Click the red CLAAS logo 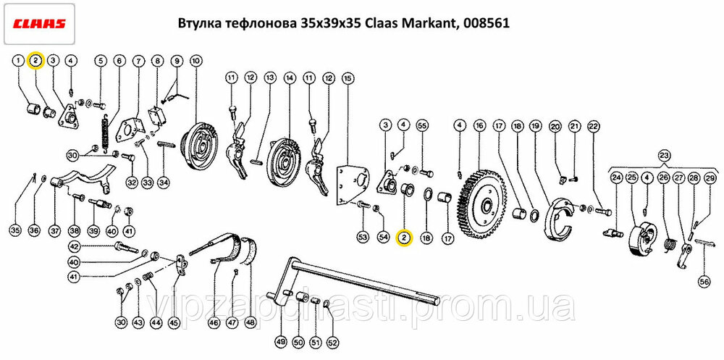pyautogui.click(x=39, y=24)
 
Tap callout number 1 pyautogui.click(x=19, y=60)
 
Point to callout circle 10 pyautogui.click(x=195, y=60)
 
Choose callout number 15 pyautogui.click(x=348, y=78)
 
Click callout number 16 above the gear pyautogui.click(x=479, y=125)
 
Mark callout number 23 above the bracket pyautogui.click(x=664, y=155)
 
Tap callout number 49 pyautogui.click(x=281, y=343)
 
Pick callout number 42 pyautogui.click(x=75, y=246)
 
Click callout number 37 pyautogui.click(x=55, y=230)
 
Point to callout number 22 pyautogui.click(x=594, y=125)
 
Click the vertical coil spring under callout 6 pyautogui.click(x=106, y=133)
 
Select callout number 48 pyautogui.click(x=251, y=323)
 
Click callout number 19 pyautogui.click(x=535, y=125)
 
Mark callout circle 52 pyautogui.click(x=332, y=343)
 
